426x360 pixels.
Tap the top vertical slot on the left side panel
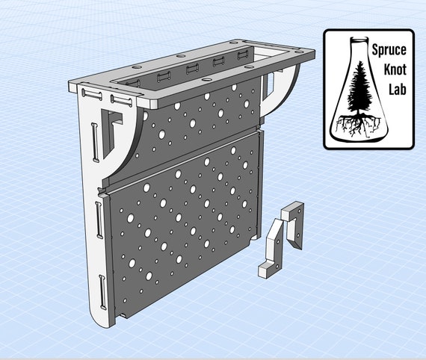[93, 142]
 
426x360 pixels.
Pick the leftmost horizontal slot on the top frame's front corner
[93, 94]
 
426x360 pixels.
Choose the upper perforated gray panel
[202, 123]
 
